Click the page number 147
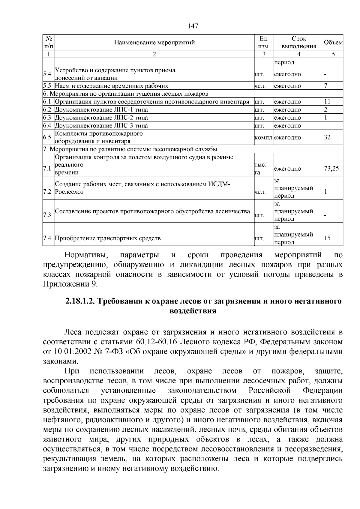point(193,26)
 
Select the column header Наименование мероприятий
point(154,42)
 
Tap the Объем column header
point(333,42)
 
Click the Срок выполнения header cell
point(299,42)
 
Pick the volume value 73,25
point(331,168)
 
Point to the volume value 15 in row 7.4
point(327,238)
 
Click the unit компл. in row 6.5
point(263,137)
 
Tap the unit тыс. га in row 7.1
point(260,169)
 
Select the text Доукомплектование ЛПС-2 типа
point(101,118)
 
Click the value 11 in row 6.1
point(327,102)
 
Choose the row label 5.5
point(48,86)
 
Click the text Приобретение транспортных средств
point(108,238)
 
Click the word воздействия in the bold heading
point(193,311)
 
